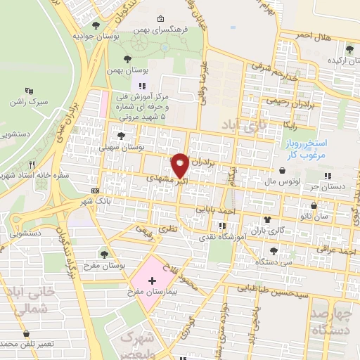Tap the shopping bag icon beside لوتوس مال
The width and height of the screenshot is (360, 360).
(282, 169)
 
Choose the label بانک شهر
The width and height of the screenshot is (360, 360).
(117, 200)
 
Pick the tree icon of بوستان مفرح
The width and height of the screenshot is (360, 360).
(105, 253)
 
